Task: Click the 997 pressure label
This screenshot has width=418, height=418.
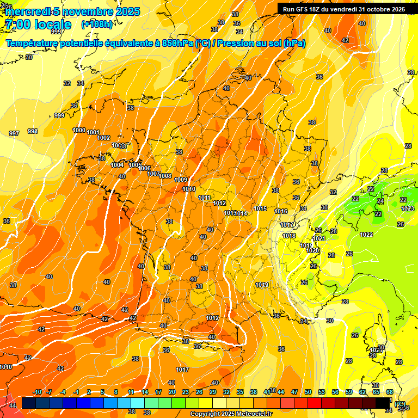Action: tap(14, 133)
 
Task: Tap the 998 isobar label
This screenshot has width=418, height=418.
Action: tap(33, 131)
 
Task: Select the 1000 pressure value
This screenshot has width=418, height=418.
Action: tap(79, 130)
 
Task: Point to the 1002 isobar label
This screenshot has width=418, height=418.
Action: tap(104, 138)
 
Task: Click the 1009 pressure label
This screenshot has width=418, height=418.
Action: tap(181, 180)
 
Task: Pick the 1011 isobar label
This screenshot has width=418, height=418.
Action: tap(205, 198)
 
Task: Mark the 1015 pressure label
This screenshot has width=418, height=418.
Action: tap(260, 209)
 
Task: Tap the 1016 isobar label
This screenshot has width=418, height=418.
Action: tap(281, 212)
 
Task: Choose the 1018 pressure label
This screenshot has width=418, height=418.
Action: tap(289, 236)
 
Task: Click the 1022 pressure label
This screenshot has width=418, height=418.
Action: tap(366, 235)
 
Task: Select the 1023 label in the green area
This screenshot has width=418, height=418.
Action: tap(408, 208)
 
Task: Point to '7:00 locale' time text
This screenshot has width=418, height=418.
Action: tap(38, 24)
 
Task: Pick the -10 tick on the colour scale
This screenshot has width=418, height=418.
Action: tap(37, 392)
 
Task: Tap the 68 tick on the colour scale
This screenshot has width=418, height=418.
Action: tap(390, 392)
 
